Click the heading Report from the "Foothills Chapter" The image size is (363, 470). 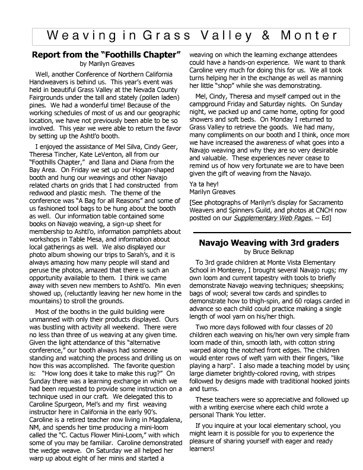pos(106,55)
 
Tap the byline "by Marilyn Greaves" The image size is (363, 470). pos(106,63)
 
